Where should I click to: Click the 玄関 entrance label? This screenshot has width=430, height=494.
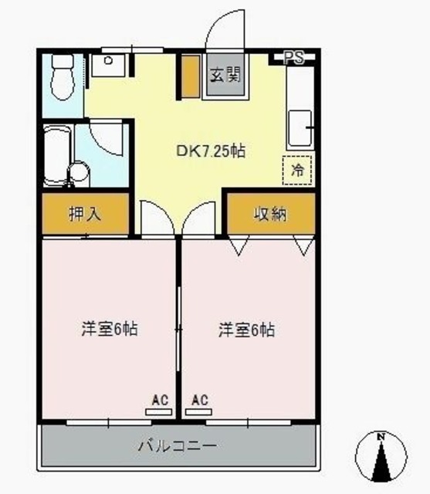click(226, 76)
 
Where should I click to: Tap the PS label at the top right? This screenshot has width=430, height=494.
click(293, 56)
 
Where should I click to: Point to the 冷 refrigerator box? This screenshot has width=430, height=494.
click(297, 171)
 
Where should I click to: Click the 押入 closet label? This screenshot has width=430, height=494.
click(86, 215)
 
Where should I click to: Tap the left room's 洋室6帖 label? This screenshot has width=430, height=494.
click(110, 330)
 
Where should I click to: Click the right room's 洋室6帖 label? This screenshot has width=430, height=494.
click(246, 330)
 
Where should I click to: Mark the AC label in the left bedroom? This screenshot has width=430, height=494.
click(160, 400)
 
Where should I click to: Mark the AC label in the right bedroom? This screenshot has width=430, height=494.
click(200, 400)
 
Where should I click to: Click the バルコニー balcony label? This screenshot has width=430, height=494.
click(177, 446)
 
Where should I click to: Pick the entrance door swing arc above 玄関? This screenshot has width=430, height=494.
click(224, 32)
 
